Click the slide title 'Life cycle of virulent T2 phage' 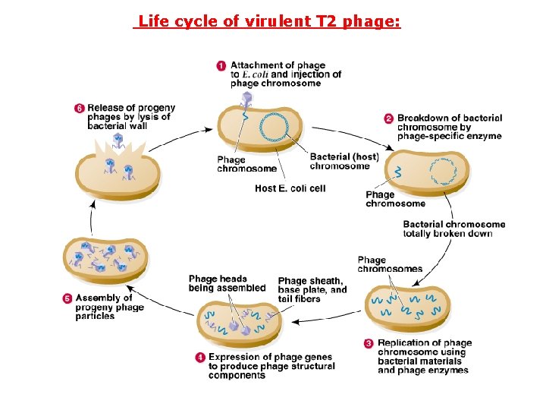[x=267, y=21]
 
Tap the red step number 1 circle [x=221, y=66]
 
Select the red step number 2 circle [x=388, y=118]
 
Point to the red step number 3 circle [x=369, y=343]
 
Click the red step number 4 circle [x=200, y=357]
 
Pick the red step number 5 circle [x=67, y=298]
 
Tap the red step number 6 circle [x=79, y=109]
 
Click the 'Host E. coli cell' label [x=290, y=188]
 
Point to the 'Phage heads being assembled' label [x=227, y=283]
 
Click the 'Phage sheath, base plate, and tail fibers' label [x=312, y=290]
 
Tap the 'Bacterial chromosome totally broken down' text [x=453, y=229]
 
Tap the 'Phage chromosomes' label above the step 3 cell [x=379, y=264]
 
